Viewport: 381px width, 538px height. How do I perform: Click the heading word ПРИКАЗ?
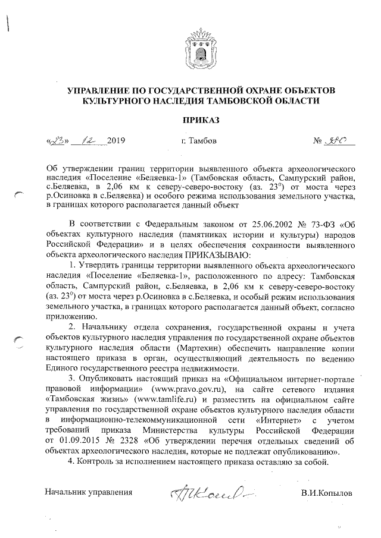tap(201, 120)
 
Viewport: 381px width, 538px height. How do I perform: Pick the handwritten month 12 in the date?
tap(88, 141)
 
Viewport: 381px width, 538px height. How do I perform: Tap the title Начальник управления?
tap(88, 493)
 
